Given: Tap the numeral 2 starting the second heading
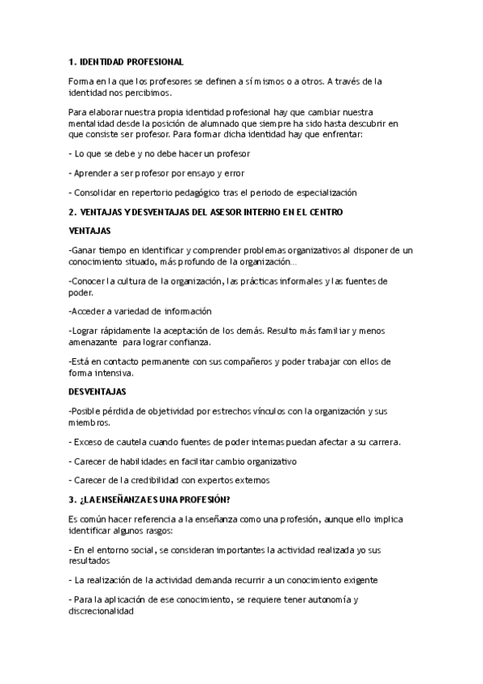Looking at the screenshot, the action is coord(72,211).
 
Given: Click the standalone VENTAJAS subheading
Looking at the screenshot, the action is coord(90,231).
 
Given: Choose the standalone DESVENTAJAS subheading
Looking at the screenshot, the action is coord(98,391).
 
